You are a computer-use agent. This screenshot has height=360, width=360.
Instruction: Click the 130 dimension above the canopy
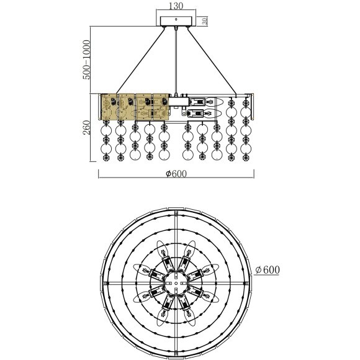coord(176,6)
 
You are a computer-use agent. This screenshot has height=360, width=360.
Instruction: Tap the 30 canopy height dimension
coord(205,21)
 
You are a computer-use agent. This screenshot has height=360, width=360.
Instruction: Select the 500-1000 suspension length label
coord(86,60)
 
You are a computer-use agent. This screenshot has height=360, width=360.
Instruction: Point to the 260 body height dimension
coord(86,128)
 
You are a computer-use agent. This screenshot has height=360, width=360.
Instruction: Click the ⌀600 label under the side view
coord(176,174)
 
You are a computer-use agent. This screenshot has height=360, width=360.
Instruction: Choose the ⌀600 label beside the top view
coord(268,270)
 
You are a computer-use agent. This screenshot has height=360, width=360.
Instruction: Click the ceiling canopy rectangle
coord(176,21)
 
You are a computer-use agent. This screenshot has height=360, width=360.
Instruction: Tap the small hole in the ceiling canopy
coord(176,19)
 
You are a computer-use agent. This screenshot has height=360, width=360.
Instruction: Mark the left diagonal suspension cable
coord(141,61)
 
